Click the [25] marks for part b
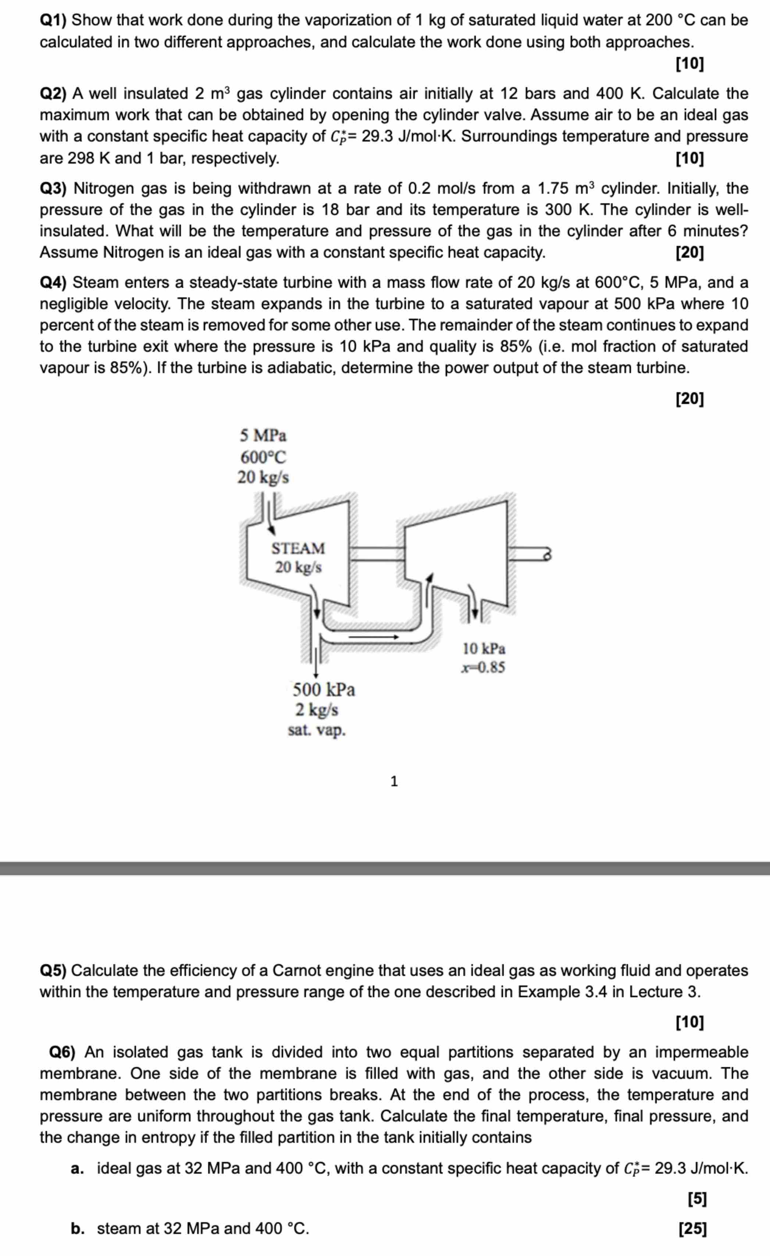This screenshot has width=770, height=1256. pos(692,1228)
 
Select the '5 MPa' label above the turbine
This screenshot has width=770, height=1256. pos(263,436)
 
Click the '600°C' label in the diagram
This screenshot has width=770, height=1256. pos(263,457)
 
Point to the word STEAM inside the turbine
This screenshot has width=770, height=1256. pos(298,548)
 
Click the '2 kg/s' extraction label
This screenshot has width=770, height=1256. pos(317,709)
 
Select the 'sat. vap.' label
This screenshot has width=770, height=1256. pos(317,730)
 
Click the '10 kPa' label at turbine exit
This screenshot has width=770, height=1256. pos(484,649)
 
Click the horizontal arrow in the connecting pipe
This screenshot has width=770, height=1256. pos(373,637)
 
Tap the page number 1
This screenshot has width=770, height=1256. pos(394,781)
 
